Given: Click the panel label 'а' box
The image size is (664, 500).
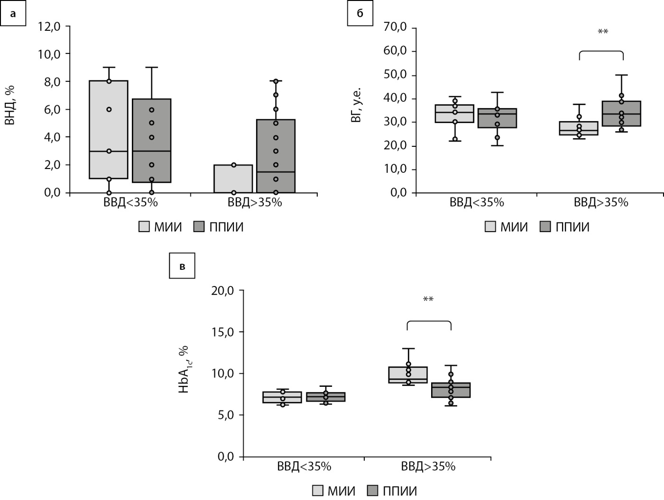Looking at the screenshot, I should click(12, 13).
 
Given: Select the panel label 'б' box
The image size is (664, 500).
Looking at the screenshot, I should click(360, 13).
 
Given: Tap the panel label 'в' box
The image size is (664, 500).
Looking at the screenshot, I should click(182, 266).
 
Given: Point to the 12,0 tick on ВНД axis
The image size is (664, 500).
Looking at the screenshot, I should click(49, 27).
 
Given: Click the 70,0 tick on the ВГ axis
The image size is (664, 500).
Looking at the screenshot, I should click(396, 27).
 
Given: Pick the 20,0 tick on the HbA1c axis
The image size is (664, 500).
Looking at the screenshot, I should click(222, 290).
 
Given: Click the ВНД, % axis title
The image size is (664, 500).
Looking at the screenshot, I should click(10, 105).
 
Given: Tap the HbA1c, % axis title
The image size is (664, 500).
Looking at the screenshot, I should click(184, 370).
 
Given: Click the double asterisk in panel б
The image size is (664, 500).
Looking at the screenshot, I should click(603, 32).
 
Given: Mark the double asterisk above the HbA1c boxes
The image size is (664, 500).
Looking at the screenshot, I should click(428, 300).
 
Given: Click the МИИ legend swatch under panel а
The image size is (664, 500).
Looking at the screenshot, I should click(144, 227).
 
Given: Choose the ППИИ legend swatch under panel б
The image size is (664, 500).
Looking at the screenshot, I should click(545, 227).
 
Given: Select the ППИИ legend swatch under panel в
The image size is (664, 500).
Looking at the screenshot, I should click(373, 491).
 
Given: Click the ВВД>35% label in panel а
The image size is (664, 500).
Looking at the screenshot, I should click(255, 203).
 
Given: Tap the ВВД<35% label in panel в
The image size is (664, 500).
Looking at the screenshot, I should click(304, 466).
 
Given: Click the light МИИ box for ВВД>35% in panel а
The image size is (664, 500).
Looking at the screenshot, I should click(233, 179).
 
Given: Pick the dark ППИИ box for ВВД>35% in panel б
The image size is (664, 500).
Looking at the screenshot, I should click(622, 114).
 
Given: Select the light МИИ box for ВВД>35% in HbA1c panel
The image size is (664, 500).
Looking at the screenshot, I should click(408, 375).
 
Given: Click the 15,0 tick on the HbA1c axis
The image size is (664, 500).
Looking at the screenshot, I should click(222, 332).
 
